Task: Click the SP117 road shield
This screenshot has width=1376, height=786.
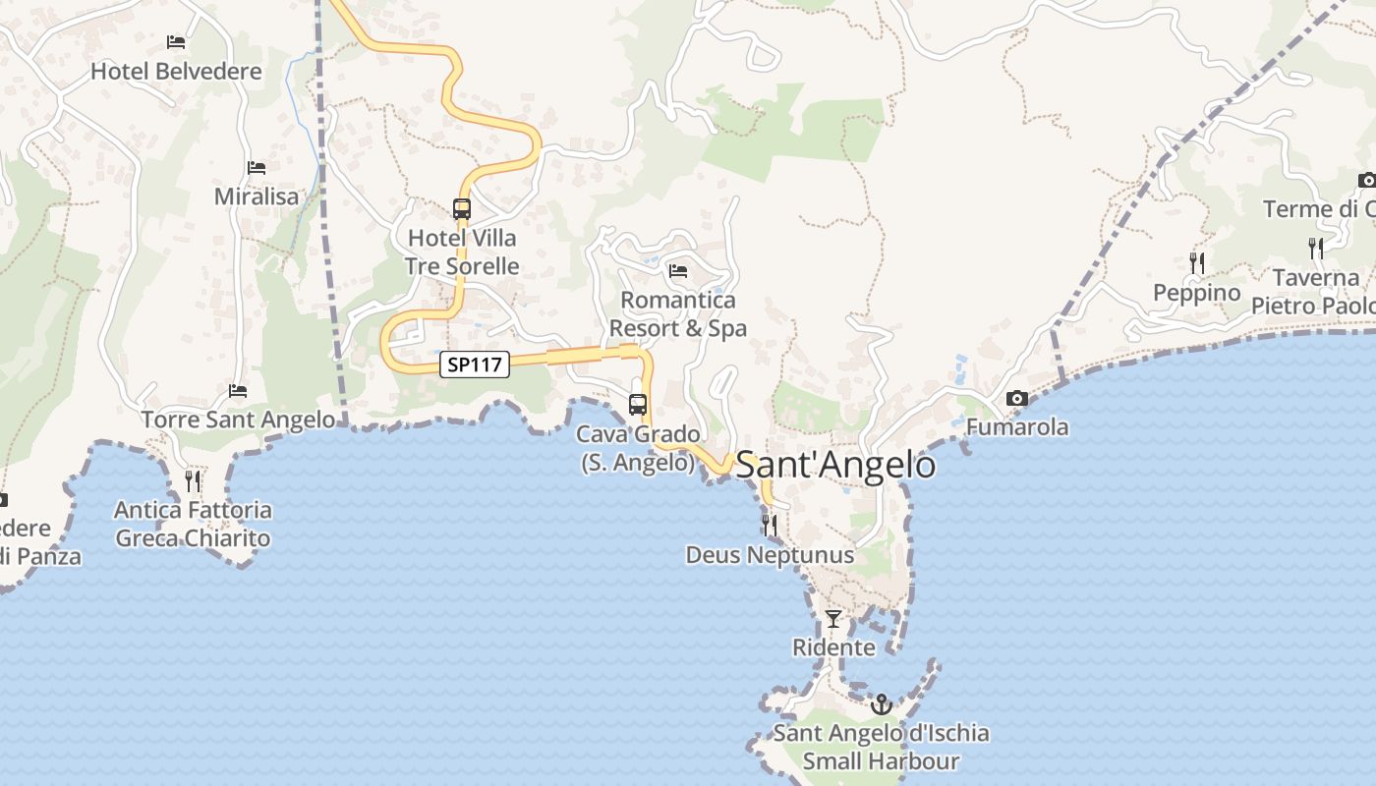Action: [475, 365]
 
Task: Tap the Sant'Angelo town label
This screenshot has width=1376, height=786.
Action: [835, 465]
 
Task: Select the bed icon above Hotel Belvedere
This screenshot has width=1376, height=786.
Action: [176, 41]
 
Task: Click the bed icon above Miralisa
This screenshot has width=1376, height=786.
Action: [257, 168]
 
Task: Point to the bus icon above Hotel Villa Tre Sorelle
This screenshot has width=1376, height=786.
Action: [461, 208]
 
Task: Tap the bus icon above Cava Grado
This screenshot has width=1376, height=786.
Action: [638, 404]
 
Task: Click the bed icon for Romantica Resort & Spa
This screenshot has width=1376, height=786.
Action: [677, 270]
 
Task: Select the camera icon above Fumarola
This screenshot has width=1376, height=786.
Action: [1017, 398]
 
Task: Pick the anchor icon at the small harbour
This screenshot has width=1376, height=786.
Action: [882, 704]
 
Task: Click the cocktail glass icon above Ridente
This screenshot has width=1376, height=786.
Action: [833, 618]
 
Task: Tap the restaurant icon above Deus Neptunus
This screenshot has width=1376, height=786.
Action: [770, 526]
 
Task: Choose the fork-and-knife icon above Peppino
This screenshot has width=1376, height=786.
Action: [1196, 262]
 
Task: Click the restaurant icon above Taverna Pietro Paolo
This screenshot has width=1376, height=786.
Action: [1316, 248]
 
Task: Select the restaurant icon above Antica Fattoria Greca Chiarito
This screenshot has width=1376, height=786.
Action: [193, 480]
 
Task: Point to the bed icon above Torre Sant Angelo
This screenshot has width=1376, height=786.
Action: [238, 390]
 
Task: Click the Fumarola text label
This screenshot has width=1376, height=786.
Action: [1017, 427]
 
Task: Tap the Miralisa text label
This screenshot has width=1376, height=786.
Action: [257, 196]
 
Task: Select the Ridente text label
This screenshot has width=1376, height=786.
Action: [833, 647]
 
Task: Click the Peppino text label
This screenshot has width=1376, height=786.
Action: [1196, 293]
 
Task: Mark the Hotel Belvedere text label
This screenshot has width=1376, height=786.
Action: [176, 71]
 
